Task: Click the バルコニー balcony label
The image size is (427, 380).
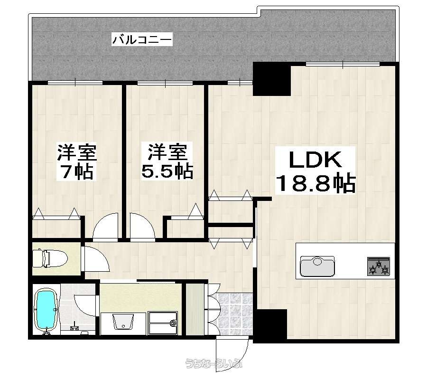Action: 142,40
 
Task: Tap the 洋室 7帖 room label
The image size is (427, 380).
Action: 76,161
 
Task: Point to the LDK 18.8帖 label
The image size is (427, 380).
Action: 315,171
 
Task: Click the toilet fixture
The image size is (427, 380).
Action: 50,258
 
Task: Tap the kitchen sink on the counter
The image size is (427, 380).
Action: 317,266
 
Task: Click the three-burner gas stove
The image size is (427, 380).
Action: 379,266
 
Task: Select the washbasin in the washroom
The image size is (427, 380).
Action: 123,322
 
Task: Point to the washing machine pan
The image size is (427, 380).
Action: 163,323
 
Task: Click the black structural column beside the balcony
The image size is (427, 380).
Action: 272,79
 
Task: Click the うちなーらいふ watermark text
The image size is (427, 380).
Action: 213,363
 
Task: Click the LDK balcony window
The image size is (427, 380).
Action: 343,64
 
